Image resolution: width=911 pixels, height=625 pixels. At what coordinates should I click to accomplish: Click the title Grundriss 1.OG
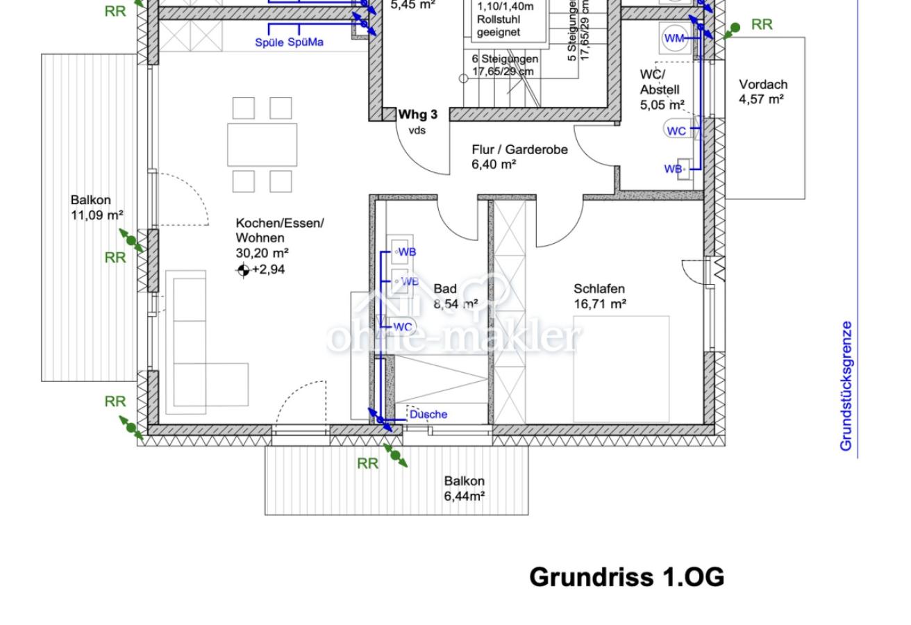pos(626,577)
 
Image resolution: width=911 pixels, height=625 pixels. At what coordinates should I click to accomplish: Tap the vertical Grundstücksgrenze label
pos(846,385)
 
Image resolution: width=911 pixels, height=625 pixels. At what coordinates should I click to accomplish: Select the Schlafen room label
pos(599,288)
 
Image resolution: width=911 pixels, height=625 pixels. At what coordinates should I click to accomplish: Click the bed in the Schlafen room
pos(621,369)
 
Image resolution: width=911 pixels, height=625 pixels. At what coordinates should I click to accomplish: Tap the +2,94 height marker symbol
pos(243,270)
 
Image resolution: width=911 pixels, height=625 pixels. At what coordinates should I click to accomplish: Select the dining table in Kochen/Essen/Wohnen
pos(262,144)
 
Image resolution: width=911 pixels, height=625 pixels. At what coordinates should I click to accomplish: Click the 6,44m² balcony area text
pos(464,496)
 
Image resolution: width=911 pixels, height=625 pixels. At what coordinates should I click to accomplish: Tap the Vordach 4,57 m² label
pos(762,92)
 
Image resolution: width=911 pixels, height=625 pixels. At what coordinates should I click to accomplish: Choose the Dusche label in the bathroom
pos(428,415)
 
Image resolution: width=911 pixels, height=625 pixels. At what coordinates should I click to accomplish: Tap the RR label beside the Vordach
pos(762,25)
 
